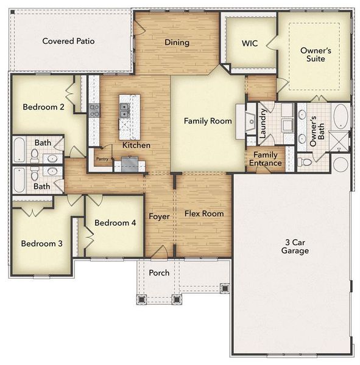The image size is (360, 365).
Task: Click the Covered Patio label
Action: tap(68, 41)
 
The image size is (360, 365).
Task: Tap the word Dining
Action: tap(177, 43)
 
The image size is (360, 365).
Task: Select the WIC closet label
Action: tap(250, 43)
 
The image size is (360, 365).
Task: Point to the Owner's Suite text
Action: tap(316, 56)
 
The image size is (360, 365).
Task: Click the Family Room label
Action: tap(208, 121)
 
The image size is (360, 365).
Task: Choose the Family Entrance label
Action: tap(267, 159)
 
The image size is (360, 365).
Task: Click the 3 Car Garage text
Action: tap(295, 246)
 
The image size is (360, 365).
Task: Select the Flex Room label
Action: tap(204, 214)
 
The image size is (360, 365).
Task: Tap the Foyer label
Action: tap(159, 217)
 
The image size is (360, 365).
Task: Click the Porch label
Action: tap(160, 273)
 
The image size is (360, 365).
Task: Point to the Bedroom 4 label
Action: tap(116, 223)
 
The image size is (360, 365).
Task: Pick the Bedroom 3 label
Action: tap(41, 244)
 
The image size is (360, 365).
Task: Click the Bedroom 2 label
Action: tap(43, 108)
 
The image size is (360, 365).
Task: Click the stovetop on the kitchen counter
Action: tap(94, 110)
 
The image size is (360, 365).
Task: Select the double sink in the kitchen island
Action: tap(124, 110)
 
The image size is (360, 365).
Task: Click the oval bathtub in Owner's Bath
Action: tap(340, 116)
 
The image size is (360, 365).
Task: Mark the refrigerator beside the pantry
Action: tap(130, 164)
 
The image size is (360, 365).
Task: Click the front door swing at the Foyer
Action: tap(160, 251)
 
